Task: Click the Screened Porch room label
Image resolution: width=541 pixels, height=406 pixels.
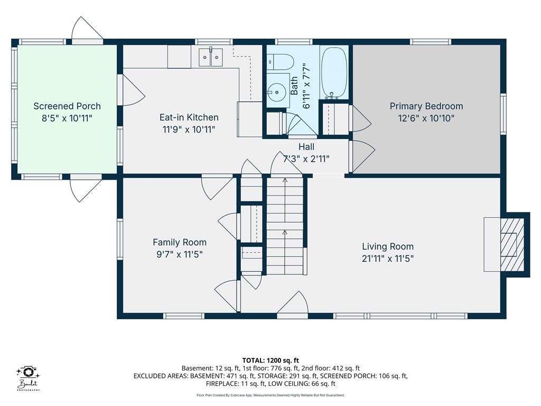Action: click(x=67, y=106)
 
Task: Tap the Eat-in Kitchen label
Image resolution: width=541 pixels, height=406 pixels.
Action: click(x=189, y=117)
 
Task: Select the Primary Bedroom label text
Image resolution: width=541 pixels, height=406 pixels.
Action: click(x=426, y=106)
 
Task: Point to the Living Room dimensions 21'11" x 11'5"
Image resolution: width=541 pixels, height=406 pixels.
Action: click(x=388, y=258)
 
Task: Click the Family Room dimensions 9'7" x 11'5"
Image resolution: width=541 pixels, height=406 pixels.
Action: click(x=180, y=254)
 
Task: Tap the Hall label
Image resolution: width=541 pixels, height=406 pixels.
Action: click(x=306, y=147)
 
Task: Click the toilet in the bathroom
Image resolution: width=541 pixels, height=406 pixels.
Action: click(x=280, y=62)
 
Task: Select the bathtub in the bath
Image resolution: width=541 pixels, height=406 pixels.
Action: click(x=334, y=72)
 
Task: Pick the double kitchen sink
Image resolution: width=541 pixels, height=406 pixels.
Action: click(x=210, y=57)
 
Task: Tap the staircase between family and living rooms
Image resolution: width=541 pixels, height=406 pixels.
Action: click(x=285, y=226)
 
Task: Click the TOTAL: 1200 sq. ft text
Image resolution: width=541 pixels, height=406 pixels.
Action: click(x=270, y=361)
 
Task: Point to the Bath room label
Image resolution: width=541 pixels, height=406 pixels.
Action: click(x=294, y=86)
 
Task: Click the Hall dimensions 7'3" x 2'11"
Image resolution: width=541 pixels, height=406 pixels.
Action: click(x=306, y=159)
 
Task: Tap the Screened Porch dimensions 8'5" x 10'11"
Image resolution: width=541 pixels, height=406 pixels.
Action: click(x=67, y=118)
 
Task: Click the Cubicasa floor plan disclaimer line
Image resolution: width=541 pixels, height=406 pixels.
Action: click(x=270, y=395)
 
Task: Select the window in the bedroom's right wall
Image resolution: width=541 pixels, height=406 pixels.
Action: click(x=503, y=114)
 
